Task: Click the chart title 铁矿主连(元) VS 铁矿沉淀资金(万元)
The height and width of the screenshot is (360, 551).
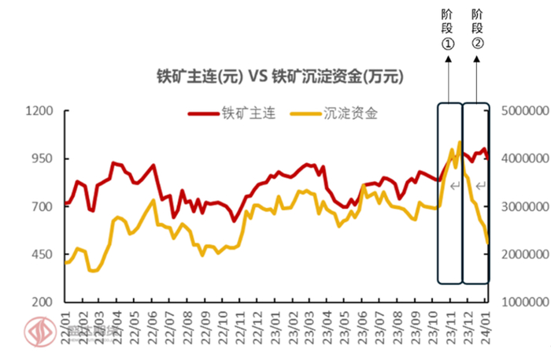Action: tap(280, 76)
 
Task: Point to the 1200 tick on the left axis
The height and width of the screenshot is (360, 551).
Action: tap(40, 111)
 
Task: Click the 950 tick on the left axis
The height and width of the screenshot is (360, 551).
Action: tap(43, 159)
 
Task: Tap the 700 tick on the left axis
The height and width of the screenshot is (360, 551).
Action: tap(43, 207)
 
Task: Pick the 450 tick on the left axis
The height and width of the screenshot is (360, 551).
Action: tap(43, 255)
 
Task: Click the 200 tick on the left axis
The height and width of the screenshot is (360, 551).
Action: tap(43, 302)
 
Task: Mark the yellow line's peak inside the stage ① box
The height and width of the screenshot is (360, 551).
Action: tap(459, 142)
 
